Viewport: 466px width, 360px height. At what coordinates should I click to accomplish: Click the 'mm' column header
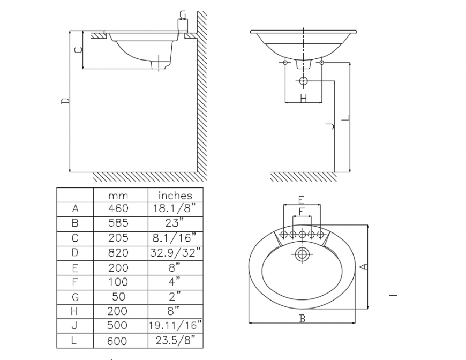(118, 196)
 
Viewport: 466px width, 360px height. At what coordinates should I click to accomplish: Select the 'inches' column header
(175, 196)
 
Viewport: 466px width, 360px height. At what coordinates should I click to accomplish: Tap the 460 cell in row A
(118, 209)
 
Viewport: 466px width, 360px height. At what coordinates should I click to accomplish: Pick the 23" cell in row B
(175, 223)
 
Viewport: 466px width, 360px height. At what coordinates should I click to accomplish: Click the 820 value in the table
(118, 252)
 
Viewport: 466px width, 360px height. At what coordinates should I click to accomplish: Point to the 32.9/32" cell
(175, 252)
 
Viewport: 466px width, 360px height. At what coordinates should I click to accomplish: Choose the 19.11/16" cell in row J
(175, 325)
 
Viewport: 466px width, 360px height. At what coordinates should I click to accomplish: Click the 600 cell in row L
(118, 340)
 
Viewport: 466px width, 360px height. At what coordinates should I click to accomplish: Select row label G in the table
(75, 296)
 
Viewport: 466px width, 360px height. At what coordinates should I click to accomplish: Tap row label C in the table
(75, 238)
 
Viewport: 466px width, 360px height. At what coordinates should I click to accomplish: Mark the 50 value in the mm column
(118, 296)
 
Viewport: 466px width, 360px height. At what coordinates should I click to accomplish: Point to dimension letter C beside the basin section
(78, 50)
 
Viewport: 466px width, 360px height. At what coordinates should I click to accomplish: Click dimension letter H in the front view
(303, 98)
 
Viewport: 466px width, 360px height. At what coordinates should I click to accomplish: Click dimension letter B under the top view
(302, 319)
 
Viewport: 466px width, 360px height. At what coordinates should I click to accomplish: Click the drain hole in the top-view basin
(302, 253)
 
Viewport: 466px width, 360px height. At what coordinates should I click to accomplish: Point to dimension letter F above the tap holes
(302, 212)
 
